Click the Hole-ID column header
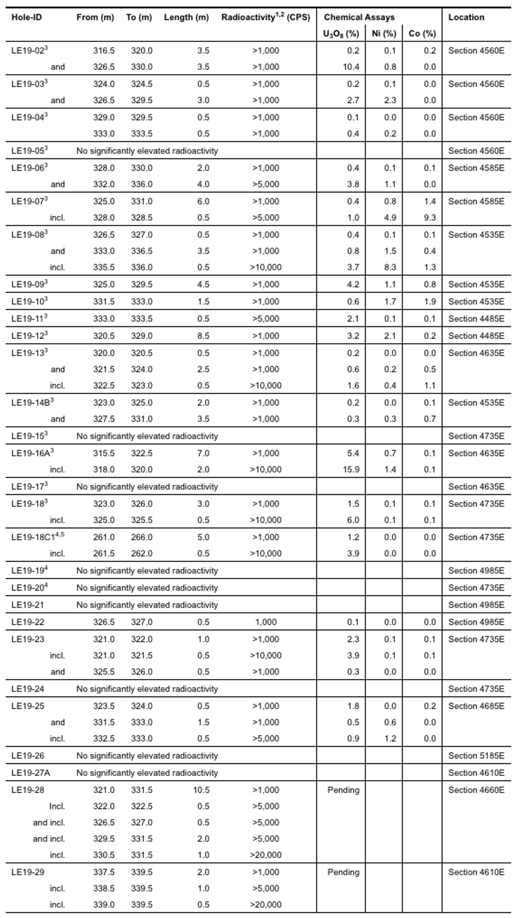pyautogui.click(x=26, y=17)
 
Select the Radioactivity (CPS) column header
pyautogui.click(x=265, y=17)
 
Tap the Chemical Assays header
pyautogui.click(x=359, y=17)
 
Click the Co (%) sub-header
pyautogui.click(x=422, y=34)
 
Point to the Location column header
pyautogui.click(x=466, y=17)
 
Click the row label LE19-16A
pyautogui.click(x=32, y=453)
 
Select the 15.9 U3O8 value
pyautogui.click(x=351, y=469)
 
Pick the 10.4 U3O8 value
pyautogui.click(x=351, y=67)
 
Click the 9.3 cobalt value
pyautogui.click(x=429, y=218)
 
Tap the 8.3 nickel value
pyautogui.click(x=390, y=268)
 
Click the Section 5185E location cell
pyautogui.click(x=476, y=756)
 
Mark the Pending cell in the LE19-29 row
pyautogui.click(x=343, y=872)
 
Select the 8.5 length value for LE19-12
pyautogui.click(x=203, y=336)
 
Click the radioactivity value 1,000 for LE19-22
pyautogui.click(x=266, y=622)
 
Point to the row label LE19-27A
pyautogui.click(x=31, y=773)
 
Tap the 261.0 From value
pyautogui.click(x=104, y=537)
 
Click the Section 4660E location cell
pyautogui.click(x=476, y=790)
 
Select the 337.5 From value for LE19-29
pyautogui.click(x=104, y=872)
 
